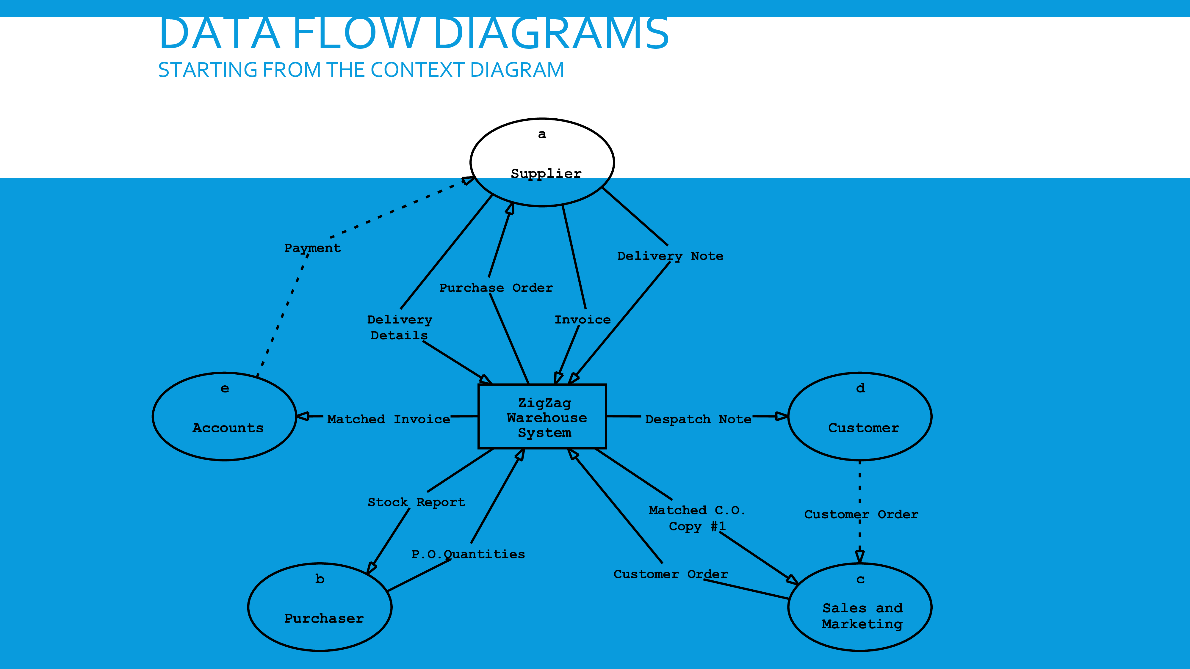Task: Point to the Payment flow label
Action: point(312,248)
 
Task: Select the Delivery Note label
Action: point(670,256)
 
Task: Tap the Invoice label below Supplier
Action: point(583,320)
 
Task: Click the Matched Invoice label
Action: point(389,419)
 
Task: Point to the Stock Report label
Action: point(416,502)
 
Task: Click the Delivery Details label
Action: point(400,327)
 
